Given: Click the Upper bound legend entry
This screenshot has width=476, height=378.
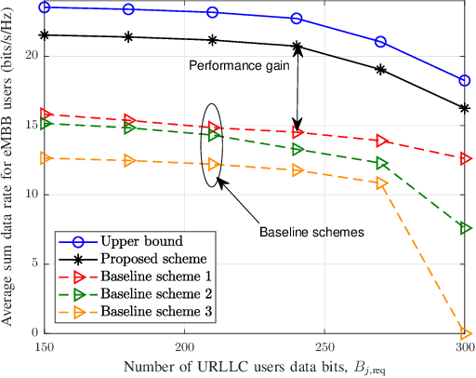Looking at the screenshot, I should click(x=125, y=240).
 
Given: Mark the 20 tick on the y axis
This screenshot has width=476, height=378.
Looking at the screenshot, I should click(x=31, y=56).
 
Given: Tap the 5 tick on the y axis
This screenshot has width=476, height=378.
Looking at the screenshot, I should click(x=34, y=263).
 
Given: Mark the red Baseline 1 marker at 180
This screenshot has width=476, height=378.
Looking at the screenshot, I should click(x=128, y=120).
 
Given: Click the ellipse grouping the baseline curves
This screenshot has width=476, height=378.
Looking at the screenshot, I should click(x=213, y=144).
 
